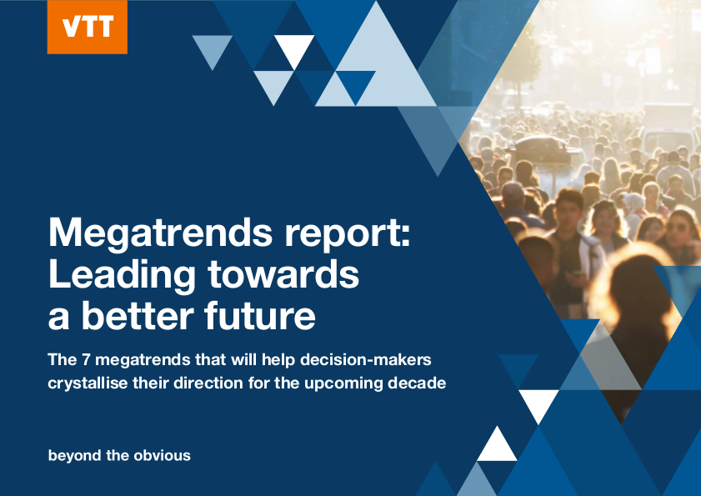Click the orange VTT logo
(x=88, y=27)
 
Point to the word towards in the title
(x=283, y=273)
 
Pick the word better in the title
(x=138, y=315)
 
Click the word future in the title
(x=260, y=315)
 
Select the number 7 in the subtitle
(x=86, y=359)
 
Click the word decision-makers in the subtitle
(x=365, y=359)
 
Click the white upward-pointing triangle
(x=497, y=443)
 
